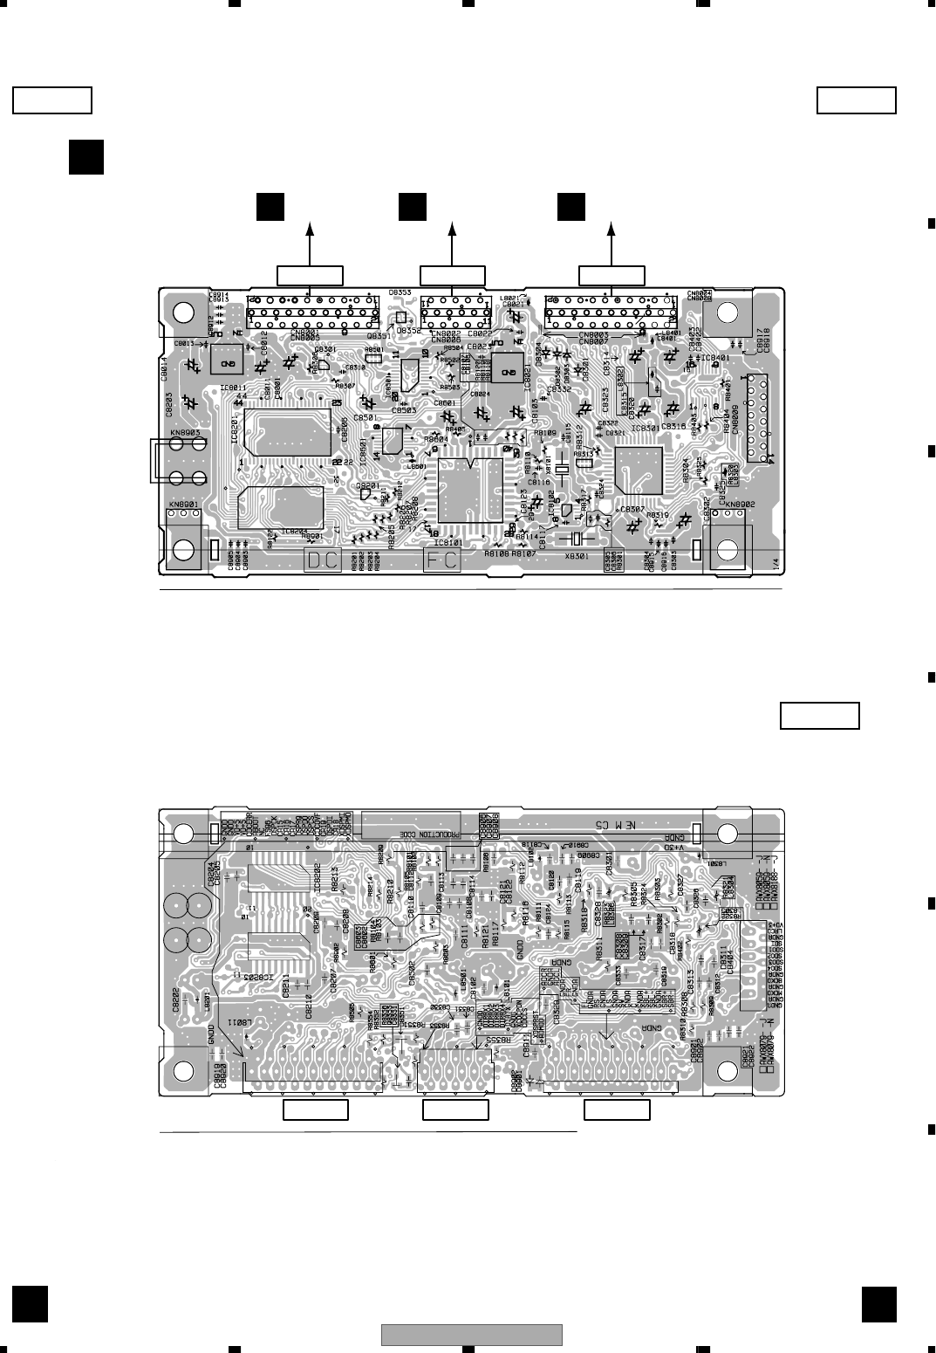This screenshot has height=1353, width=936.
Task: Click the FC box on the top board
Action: point(441,560)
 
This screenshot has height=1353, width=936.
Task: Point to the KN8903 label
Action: point(184,432)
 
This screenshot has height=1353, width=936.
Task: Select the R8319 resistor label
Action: point(657,515)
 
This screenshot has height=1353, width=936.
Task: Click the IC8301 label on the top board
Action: point(646,428)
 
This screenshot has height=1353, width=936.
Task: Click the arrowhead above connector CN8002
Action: point(452,229)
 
